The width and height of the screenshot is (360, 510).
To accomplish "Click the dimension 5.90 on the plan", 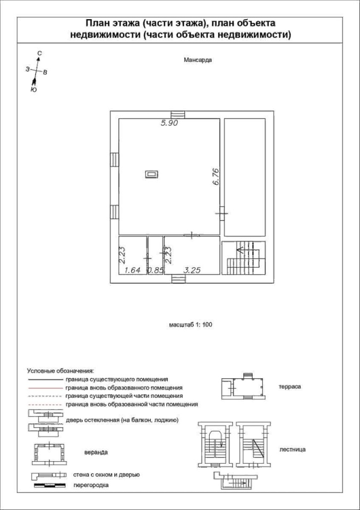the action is click(x=170, y=124).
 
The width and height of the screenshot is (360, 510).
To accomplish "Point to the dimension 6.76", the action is click(x=216, y=176).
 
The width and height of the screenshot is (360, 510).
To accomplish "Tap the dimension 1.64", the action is click(x=133, y=270).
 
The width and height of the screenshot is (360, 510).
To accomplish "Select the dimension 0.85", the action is click(x=155, y=270).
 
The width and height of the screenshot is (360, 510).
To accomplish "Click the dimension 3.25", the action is click(x=192, y=270).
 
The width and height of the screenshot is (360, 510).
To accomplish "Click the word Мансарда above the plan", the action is click(x=198, y=60).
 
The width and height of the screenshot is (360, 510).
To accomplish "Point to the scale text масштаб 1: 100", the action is click(x=191, y=324).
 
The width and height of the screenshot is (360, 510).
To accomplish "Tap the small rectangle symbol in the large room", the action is click(x=151, y=174).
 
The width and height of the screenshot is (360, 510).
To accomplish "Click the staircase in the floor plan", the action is click(x=244, y=258).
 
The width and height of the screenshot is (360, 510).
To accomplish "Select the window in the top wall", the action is click(x=178, y=115).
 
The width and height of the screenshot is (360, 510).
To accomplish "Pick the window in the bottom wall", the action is click(x=178, y=279).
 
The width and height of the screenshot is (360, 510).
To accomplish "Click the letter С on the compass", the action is click(x=39, y=53).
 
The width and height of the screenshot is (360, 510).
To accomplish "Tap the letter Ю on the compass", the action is click(x=33, y=90).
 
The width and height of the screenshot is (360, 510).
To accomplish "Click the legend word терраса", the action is click(x=290, y=387).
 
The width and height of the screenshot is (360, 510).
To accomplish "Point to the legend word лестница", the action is click(x=293, y=449).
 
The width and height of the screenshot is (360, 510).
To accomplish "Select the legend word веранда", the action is click(x=96, y=453).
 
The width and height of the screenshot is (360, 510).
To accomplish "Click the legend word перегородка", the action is click(x=91, y=485).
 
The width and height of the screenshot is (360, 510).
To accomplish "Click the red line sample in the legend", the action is click(x=45, y=388).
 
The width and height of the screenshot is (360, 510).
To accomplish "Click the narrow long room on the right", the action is click(x=245, y=177).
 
